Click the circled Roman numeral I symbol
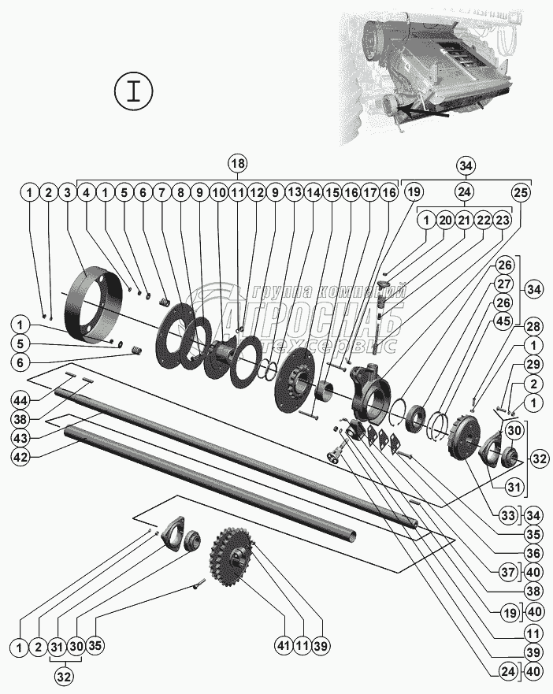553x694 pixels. pyautogui.click(x=135, y=91)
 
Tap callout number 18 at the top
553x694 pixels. pyautogui.click(x=237, y=164)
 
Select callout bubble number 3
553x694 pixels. pyautogui.click(x=67, y=191)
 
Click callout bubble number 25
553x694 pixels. pyautogui.click(x=521, y=191)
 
